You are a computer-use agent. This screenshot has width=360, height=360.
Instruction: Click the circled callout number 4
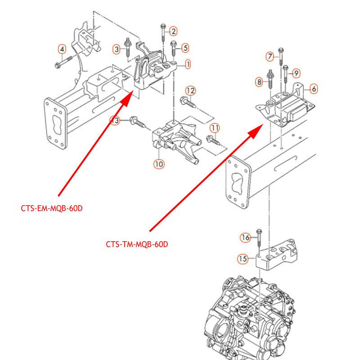tap(62, 49)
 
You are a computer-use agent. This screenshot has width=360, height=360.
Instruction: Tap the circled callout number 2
tap(174, 31)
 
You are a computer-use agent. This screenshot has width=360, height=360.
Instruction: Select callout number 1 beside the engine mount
tap(188, 64)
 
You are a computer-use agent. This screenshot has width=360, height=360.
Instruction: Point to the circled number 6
tap(314, 89)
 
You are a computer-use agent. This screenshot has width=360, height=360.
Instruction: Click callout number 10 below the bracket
tap(159, 164)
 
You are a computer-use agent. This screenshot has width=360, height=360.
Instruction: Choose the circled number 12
tap(190, 91)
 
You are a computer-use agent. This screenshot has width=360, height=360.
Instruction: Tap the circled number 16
tap(245, 238)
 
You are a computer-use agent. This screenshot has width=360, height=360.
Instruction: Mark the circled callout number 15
tap(243, 259)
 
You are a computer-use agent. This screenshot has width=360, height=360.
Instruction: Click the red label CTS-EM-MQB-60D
tap(52, 208)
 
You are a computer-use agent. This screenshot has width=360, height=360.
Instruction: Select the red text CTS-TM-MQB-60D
tap(137, 244)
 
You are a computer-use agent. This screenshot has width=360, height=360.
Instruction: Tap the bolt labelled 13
tap(137, 121)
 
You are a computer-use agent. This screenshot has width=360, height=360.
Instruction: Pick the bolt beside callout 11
tap(213, 141)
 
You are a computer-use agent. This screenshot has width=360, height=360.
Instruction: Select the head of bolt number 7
tap(281, 50)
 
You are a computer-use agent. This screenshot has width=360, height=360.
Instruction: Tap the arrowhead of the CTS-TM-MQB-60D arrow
tap(256, 131)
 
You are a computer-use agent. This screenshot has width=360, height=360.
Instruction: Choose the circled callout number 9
tap(297, 73)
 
